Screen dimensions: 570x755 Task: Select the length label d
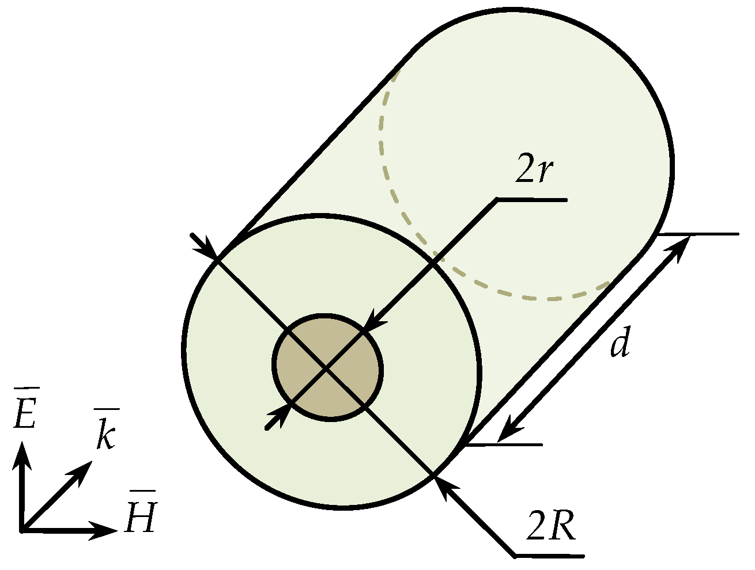[620, 345]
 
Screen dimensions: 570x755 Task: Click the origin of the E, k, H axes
[22, 530]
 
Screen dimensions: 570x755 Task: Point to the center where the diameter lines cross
[327, 368]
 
